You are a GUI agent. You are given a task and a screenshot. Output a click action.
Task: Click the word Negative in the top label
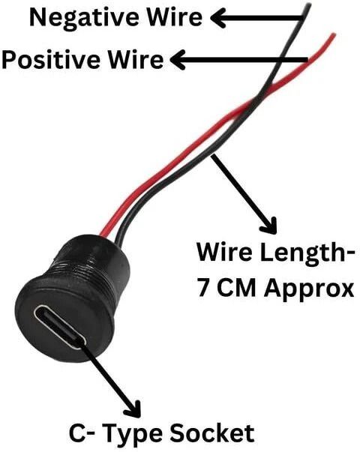[85, 18]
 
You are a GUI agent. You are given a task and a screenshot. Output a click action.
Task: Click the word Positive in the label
[52, 60]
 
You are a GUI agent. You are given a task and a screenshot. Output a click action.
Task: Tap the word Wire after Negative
[174, 16]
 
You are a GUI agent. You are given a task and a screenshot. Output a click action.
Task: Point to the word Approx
[309, 289]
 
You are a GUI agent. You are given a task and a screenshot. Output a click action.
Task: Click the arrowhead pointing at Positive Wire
[178, 60]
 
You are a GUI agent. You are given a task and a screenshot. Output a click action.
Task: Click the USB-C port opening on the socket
[60, 327]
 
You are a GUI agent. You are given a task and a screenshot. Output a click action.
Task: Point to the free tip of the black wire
[310, 4]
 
